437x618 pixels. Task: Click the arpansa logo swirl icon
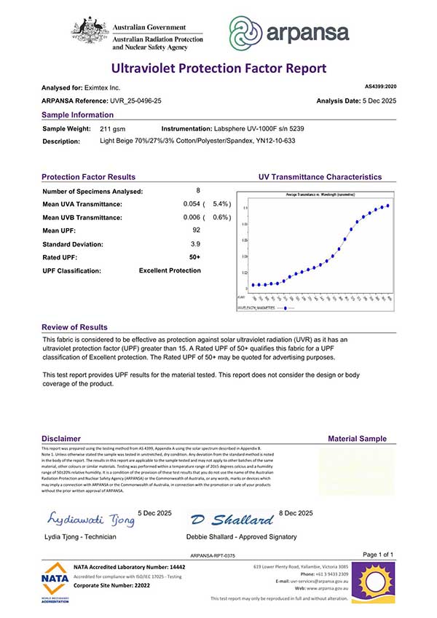[247, 32]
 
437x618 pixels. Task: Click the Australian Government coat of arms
[90, 31]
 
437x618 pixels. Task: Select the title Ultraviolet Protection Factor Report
[219, 69]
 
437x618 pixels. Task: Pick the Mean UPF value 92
[196, 230]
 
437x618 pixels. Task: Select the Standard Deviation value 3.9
[195, 243]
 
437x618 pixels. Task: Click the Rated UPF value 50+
[195, 257]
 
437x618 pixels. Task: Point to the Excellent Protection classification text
[170, 270]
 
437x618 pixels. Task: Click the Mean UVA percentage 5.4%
[221, 204]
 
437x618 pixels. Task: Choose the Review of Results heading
[74, 327]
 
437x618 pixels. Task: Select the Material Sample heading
[358, 439]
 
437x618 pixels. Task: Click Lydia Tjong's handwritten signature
[90, 520]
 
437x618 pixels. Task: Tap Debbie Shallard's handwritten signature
[231, 520]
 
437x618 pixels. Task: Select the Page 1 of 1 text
[377, 555]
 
